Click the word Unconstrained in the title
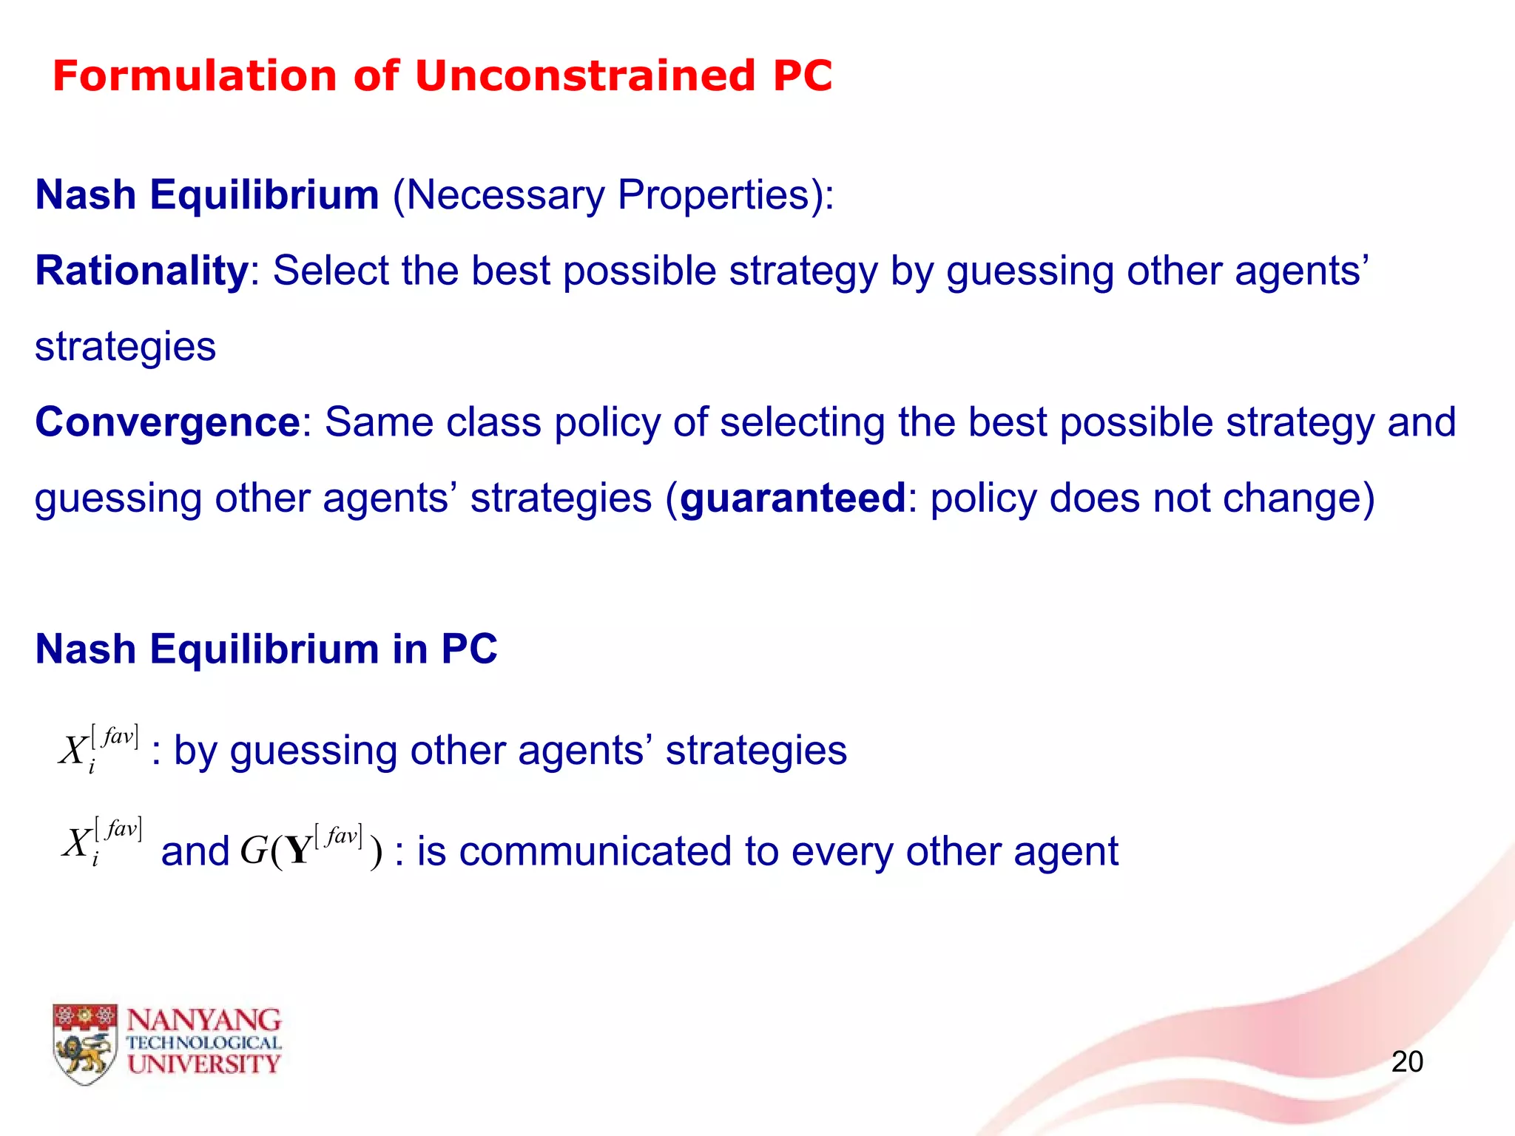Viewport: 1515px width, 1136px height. coord(585,76)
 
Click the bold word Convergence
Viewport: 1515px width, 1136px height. coord(167,422)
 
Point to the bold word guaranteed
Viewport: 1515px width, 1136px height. coord(792,498)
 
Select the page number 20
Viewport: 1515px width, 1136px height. coord(1407,1061)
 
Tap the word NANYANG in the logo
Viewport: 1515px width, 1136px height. coord(204,1021)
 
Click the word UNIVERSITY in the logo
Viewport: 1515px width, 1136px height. coord(204,1064)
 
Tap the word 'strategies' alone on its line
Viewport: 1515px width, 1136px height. coord(126,347)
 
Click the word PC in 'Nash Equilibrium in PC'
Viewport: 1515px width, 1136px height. coord(469,649)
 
